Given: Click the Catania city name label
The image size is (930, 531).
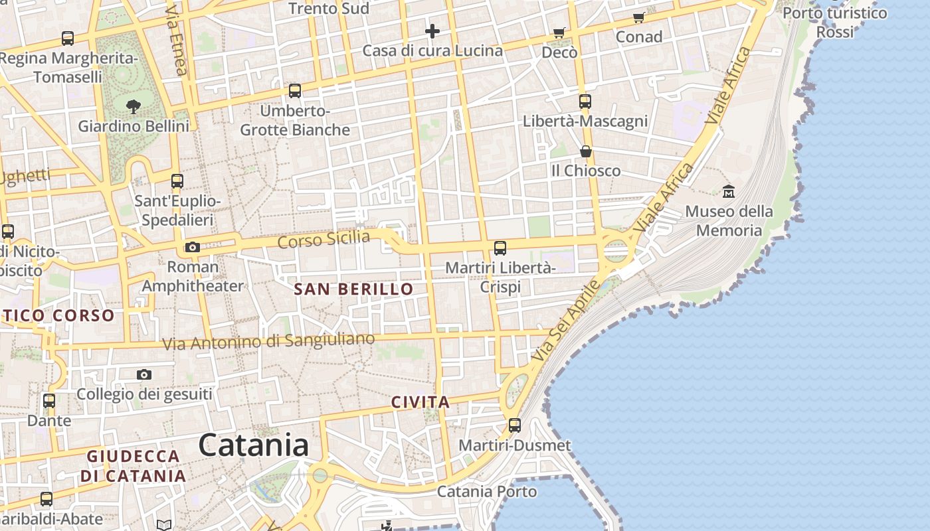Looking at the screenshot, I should [x=254, y=445].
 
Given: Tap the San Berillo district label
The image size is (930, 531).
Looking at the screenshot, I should [x=353, y=289].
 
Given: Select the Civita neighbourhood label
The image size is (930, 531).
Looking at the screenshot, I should [x=420, y=402].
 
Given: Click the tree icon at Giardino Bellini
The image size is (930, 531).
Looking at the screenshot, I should [x=134, y=106].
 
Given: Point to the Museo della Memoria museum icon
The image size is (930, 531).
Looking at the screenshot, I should [x=729, y=191].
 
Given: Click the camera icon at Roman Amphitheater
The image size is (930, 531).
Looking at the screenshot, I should [x=193, y=248].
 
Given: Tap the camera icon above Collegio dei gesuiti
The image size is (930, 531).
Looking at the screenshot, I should [x=144, y=375].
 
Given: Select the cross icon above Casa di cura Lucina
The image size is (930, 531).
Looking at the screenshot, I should [x=432, y=31].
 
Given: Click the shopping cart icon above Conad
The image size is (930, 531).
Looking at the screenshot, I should [x=639, y=17].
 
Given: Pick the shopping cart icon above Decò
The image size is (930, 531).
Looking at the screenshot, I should [x=559, y=33].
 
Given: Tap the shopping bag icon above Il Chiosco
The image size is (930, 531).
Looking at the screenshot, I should [x=585, y=151].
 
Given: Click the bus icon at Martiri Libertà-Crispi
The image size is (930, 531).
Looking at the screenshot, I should [x=500, y=248].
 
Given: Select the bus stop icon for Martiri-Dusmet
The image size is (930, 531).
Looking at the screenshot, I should [x=515, y=425].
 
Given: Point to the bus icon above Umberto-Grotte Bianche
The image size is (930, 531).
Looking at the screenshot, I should [x=295, y=91].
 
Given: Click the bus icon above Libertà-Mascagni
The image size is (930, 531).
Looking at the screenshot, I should [x=585, y=102].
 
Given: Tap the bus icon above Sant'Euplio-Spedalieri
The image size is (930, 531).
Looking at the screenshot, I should [x=177, y=181].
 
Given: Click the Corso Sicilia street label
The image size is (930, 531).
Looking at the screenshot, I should [x=324, y=239].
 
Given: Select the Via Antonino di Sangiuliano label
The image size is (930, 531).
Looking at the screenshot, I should [x=268, y=342].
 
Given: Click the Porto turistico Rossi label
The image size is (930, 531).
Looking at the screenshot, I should [x=834, y=22].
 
